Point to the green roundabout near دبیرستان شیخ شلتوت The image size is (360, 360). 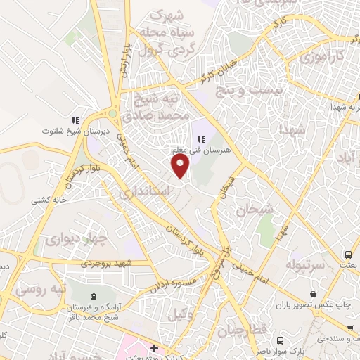click(111, 113)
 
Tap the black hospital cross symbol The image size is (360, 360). click(154, 349)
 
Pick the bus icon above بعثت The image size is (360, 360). click(347, 254)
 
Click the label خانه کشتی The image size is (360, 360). click(47, 200)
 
